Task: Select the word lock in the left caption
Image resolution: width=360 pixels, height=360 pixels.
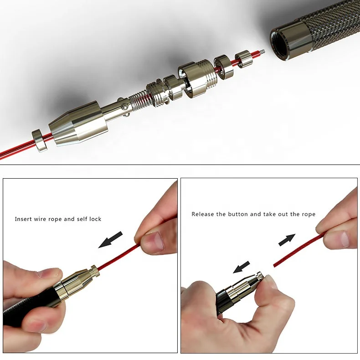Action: [95, 219]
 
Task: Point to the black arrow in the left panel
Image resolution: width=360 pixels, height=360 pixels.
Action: [111, 239]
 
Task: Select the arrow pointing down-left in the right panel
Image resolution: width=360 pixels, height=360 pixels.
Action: [242, 267]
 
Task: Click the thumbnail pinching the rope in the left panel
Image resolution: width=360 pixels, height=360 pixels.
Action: [152, 241]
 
